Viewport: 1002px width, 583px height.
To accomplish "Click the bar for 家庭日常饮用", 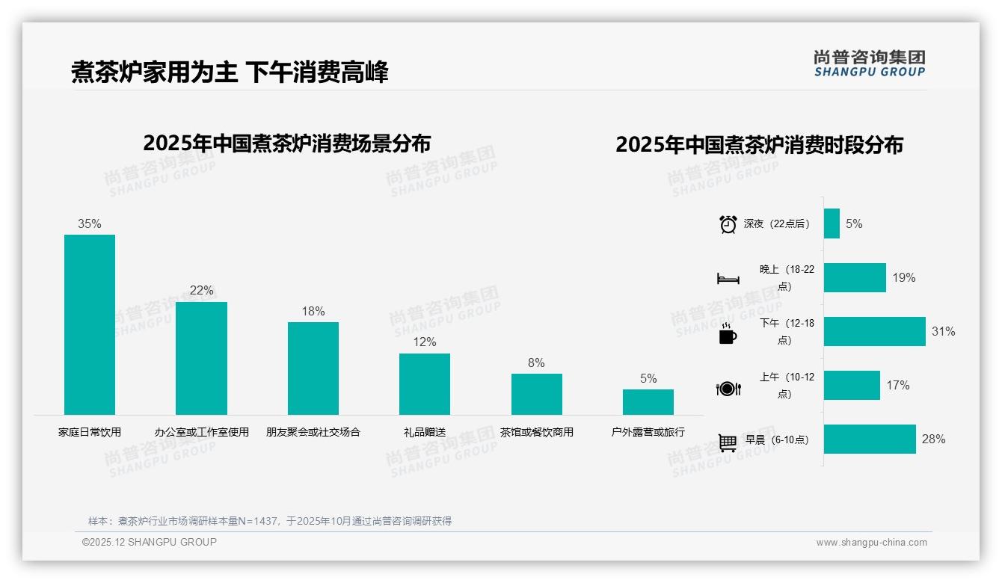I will (90, 324).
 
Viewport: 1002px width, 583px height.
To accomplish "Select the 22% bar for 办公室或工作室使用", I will (201, 358).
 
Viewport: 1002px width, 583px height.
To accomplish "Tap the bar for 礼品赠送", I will (425, 383).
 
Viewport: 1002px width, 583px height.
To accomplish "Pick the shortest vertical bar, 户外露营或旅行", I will (648, 402).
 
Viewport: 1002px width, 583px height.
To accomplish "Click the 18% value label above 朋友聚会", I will (313, 312).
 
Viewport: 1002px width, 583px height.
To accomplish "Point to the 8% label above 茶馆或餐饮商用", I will (536, 363).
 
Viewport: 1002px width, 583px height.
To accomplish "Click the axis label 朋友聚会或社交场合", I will (313, 432).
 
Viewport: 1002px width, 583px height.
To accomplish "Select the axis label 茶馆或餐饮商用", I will (536, 432).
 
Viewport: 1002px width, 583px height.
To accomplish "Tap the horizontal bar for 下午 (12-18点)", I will (874, 331).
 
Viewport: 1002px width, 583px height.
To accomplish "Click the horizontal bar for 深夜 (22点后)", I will (832, 223).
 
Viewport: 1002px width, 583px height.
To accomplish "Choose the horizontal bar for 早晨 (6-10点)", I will (870, 439).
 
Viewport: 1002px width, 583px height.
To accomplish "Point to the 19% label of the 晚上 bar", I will (903, 277).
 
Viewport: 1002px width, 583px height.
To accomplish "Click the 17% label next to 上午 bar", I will (897, 385).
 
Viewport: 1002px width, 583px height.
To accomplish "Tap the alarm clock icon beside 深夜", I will (728, 224).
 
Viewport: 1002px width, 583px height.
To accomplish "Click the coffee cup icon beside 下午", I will (728, 334).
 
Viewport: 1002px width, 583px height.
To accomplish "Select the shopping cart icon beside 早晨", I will (728, 442).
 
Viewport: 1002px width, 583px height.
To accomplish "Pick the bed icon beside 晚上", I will (728, 279).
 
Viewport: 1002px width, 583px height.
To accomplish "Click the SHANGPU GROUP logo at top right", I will (869, 63).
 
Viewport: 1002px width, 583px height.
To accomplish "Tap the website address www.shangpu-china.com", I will (871, 543).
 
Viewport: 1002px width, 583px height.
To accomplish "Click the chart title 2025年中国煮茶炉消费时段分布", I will (759, 144).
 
